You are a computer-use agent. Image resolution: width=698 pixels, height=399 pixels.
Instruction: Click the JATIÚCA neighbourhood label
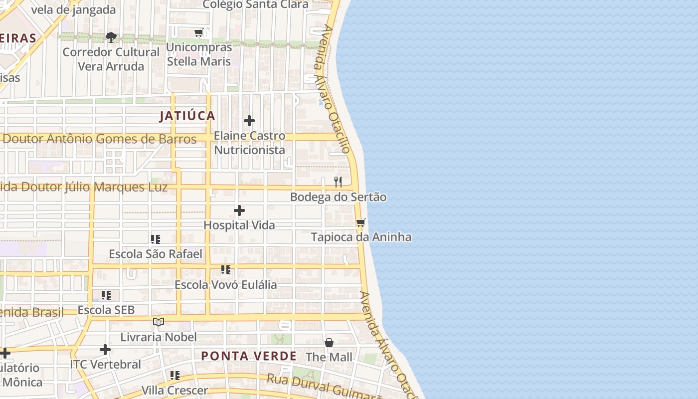coord(187,116)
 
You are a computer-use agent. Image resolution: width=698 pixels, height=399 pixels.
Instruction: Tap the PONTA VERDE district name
coord(249,356)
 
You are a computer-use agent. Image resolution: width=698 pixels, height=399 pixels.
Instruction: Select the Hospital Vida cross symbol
coord(239,211)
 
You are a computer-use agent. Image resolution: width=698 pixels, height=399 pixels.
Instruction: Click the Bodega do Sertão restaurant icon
coord(338,182)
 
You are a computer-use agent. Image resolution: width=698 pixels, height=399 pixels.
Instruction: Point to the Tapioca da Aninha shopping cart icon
coord(361,222)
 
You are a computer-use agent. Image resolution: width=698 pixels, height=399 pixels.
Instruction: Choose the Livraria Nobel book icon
coord(159,322)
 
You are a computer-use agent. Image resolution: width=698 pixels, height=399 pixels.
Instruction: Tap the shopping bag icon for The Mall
coord(329,343)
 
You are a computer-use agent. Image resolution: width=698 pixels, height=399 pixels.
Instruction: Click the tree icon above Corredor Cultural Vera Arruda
coord(111,37)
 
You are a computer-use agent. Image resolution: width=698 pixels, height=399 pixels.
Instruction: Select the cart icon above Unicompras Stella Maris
coord(199,32)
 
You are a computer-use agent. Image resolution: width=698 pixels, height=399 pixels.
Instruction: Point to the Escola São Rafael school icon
coord(156,239)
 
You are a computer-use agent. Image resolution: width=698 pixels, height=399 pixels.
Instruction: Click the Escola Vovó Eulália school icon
coord(226,270)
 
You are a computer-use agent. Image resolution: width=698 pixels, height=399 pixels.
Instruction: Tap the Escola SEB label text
coord(106,310)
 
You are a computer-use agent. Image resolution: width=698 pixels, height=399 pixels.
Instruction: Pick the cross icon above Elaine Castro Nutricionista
coord(249,121)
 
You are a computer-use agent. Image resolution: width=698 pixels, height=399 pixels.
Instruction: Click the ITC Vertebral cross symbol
coord(105,350)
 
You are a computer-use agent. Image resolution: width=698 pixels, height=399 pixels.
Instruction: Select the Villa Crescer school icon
coord(174,375)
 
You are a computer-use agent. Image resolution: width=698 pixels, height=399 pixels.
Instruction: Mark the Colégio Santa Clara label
coord(256,5)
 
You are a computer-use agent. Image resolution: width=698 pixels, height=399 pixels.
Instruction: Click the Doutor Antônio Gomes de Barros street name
coord(100,139)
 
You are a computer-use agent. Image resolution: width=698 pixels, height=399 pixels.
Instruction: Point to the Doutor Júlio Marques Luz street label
coord(85,188)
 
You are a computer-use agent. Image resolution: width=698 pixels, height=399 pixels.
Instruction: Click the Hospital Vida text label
coord(239,225)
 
